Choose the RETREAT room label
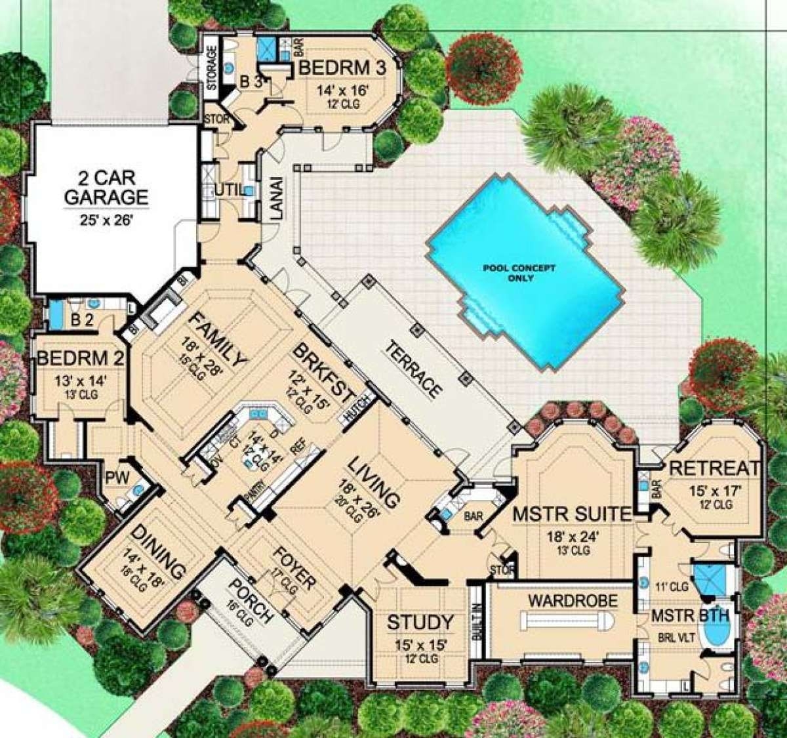pos(715,468)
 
